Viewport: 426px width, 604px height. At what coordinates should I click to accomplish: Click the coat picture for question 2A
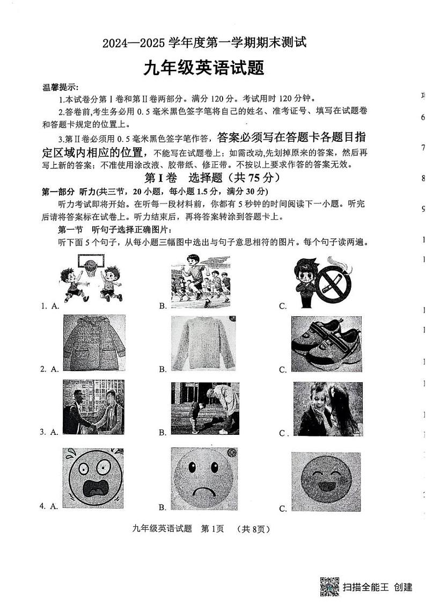pyautogui.click(x=94, y=343)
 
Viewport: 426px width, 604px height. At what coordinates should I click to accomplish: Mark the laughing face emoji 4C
pyautogui.click(x=326, y=481)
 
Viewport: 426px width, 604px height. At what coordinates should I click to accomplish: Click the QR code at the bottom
pyautogui.click(x=329, y=587)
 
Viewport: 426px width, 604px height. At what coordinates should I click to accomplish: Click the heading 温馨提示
pyautogui.click(x=60, y=88)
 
